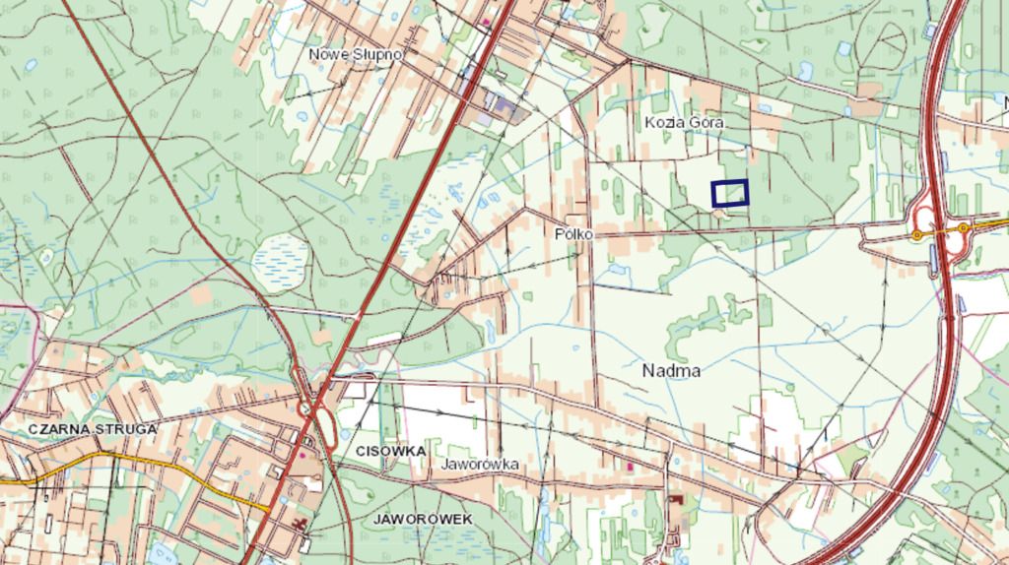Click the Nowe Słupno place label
(x=356, y=54)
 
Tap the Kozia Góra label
(x=685, y=123)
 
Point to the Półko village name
(x=572, y=234)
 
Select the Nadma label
(x=671, y=371)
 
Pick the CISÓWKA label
(x=387, y=450)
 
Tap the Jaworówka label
(x=480, y=463)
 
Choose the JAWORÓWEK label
(x=423, y=518)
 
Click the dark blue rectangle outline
(x=729, y=193)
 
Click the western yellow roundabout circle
(x=917, y=234)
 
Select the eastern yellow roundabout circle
(x=964, y=228)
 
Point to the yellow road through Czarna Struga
(x=148, y=467)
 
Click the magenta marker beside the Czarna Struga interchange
(x=302, y=456)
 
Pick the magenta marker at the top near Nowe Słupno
(x=485, y=21)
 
